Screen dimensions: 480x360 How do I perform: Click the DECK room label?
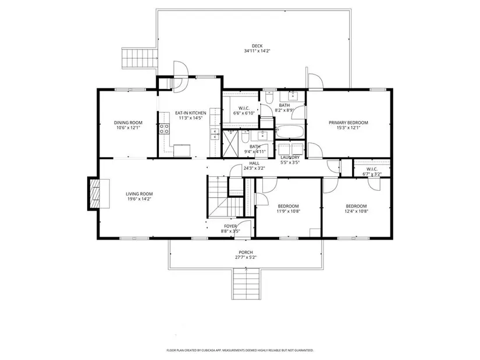pos(257,46)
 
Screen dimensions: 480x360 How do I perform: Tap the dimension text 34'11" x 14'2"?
pos(257,51)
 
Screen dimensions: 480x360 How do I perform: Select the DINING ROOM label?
pos(128,123)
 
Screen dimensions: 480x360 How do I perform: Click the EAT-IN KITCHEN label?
pos(190,113)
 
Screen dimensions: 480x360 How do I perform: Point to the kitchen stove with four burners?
pos(165,129)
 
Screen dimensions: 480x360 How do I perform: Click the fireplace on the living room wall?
pos(99,194)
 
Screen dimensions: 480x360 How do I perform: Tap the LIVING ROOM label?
pos(139,194)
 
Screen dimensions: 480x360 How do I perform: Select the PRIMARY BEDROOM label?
pos(349,123)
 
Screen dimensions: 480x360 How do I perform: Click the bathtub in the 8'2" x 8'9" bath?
pos(290,131)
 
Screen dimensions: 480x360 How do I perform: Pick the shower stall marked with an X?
pos(230,144)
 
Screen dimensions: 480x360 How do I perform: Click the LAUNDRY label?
pos(290,158)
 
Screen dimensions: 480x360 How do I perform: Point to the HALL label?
pos(254,163)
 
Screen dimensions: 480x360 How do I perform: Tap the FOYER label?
pos(230,226)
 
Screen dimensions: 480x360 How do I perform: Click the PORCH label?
pos(246,252)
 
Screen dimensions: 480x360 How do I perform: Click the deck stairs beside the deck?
pos(139,58)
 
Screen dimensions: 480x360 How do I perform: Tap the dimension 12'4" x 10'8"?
pos(356,211)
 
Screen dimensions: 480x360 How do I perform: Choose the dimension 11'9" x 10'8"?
pos(288,211)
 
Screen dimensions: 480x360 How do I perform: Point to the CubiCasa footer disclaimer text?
pos(240,350)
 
